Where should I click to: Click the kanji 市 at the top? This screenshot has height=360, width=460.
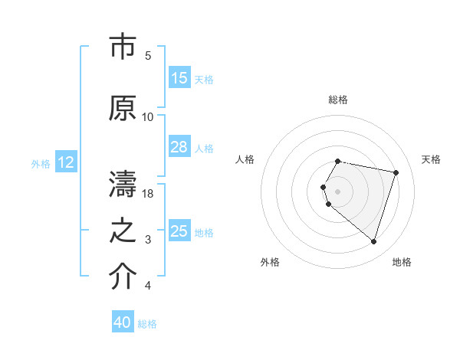[x=123, y=47]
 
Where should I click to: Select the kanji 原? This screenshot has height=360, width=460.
[x=123, y=108]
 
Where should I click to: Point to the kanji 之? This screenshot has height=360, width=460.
[x=123, y=232]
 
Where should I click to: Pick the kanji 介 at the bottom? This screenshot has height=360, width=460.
[x=123, y=278]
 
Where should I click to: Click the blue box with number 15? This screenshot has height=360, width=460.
[x=179, y=78]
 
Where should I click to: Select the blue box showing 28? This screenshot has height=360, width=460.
[x=179, y=147]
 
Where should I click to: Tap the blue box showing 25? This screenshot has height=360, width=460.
[x=179, y=231]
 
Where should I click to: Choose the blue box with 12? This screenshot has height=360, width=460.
[x=66, y=162]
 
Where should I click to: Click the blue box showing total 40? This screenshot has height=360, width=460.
[x=123, y=322]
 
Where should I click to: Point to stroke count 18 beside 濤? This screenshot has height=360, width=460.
[x=149, y=194]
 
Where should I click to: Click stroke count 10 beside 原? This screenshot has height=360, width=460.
[x=148, y=117]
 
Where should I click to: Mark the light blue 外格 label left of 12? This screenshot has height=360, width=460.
[x=41, y=163]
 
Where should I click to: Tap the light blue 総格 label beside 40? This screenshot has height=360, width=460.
[x=147, y=324]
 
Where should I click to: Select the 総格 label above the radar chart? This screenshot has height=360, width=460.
[x=338, y=100]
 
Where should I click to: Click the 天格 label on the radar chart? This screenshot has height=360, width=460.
[x=432, y=159]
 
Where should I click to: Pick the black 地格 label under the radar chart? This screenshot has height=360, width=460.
[x=402, y=262]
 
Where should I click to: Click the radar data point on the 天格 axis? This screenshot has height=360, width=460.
[x=396, y=172]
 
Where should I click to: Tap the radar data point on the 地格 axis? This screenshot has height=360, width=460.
[x=373, y=242]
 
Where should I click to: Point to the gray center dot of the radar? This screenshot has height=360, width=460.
[x=338, y=191]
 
